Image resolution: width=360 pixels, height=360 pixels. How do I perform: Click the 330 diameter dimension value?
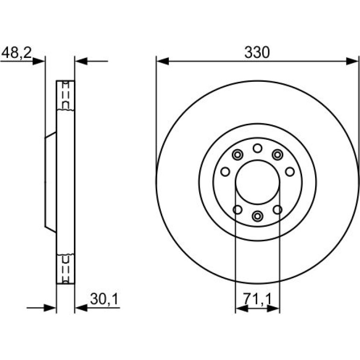[257, 52]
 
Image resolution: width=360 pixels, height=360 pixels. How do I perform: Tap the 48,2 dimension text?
[16, 53]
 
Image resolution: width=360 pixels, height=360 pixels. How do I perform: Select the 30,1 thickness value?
[104, 299]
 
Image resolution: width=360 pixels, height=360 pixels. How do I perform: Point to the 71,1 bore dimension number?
[257, 299]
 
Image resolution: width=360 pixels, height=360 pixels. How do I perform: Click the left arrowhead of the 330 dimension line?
[162, 61]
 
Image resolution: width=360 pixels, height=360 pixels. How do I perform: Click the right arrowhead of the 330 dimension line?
[352, 61]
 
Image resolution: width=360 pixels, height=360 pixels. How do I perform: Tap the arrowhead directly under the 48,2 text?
[38, 61]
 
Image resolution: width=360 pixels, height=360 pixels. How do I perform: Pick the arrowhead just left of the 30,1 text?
[81, 308]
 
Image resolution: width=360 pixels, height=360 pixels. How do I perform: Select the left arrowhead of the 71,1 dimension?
[242, 309]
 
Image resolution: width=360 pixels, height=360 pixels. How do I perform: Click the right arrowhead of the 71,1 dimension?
[273, 309]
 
